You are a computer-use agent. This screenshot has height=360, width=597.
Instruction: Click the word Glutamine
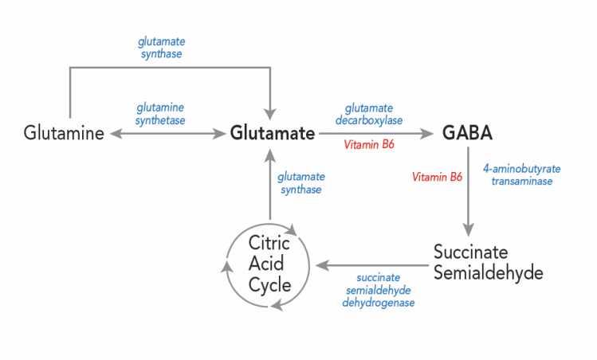coord(64,133)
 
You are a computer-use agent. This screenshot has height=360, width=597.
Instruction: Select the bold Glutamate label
coord(273,133)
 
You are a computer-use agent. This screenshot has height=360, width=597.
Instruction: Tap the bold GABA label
coord(467,133)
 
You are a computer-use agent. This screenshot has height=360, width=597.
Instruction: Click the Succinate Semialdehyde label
coord(488,262)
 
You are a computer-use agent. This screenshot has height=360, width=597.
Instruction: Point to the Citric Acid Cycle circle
coord(268,264)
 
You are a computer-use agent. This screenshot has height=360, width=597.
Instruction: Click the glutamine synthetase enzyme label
coord(160,113)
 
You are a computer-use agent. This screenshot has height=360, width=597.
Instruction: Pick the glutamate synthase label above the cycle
coord(300,182)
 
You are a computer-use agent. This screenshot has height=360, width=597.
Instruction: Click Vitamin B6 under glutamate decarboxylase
coord(369,145)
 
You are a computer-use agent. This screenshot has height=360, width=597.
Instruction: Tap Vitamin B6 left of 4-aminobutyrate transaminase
coord(437,177)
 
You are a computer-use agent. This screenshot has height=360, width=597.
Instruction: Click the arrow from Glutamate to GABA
coord(375,133)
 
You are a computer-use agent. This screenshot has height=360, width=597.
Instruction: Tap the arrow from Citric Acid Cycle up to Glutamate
coord(271,183)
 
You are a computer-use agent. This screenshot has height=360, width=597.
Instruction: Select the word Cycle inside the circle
coord(268,284)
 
